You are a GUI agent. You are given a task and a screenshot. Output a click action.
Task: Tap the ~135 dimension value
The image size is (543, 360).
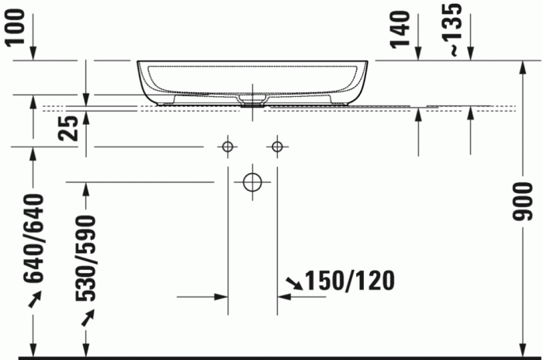pyautogui.click(x=455, y=28)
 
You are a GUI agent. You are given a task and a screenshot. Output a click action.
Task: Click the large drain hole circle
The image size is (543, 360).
pyautogui.click(x=253, y=182)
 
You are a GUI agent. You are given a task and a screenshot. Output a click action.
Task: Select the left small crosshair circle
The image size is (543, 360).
pyautogui.click(x=227, y=146)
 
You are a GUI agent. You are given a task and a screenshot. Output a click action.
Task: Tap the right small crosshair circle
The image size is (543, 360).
pyautogui.click(x=278, y=146)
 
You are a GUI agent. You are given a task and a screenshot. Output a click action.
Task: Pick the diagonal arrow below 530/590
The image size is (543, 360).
pyautogui.click(x=88, y=316)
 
